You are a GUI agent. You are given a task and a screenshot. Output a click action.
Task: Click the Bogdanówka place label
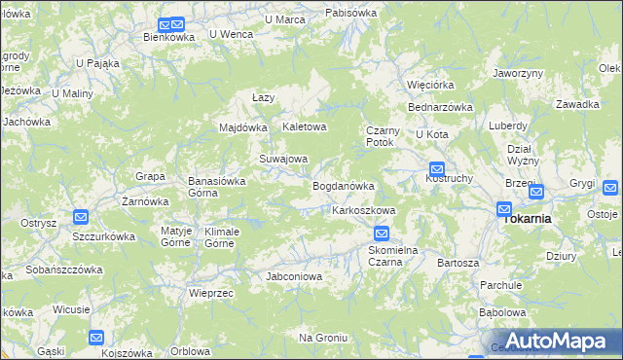(343, 186)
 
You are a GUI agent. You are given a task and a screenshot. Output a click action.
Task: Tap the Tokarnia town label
(527, 219)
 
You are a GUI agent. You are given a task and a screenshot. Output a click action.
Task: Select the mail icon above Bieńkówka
(170, 25)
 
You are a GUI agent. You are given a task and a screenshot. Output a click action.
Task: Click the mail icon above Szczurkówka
(82, 218)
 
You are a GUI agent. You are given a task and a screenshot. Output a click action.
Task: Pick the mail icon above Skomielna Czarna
(382, 234)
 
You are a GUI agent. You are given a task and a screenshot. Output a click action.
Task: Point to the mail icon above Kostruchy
(437, 168)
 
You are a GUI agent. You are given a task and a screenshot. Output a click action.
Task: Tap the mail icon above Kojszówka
(96, 338)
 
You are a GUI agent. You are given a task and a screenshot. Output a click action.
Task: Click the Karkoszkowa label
(363, 210)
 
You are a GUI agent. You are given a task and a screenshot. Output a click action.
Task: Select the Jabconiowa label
(294, 276)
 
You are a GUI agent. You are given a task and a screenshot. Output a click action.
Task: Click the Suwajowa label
(282, 159)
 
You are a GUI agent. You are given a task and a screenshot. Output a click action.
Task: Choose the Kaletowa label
(304, 127)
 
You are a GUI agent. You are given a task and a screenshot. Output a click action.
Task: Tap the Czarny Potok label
(380, 136)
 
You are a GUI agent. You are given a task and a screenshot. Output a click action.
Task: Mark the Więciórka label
(430, 84)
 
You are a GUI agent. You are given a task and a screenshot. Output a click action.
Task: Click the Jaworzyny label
(517, 73)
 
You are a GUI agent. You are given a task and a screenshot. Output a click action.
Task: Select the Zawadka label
(576, 104)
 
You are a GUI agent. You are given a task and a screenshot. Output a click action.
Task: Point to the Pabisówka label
(351, 14)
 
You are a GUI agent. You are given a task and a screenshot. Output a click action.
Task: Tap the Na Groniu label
(323, 338)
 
